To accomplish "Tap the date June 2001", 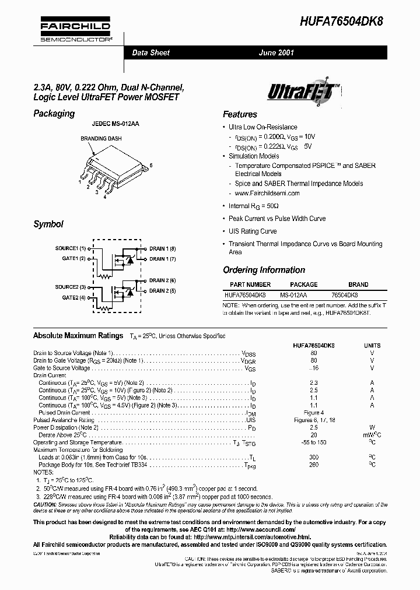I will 276,52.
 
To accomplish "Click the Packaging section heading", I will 54,114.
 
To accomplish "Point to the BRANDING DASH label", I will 97,139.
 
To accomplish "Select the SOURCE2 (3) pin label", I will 71,287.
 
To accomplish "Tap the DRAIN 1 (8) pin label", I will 163,248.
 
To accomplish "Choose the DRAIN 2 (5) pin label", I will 163,290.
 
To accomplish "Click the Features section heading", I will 240,114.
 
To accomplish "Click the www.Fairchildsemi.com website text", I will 267,193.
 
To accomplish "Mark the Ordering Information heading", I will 264,270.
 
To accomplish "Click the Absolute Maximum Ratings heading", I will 78,336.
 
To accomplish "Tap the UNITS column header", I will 372,345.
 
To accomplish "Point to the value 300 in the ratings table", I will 314,457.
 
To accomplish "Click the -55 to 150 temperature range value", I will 314,442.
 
